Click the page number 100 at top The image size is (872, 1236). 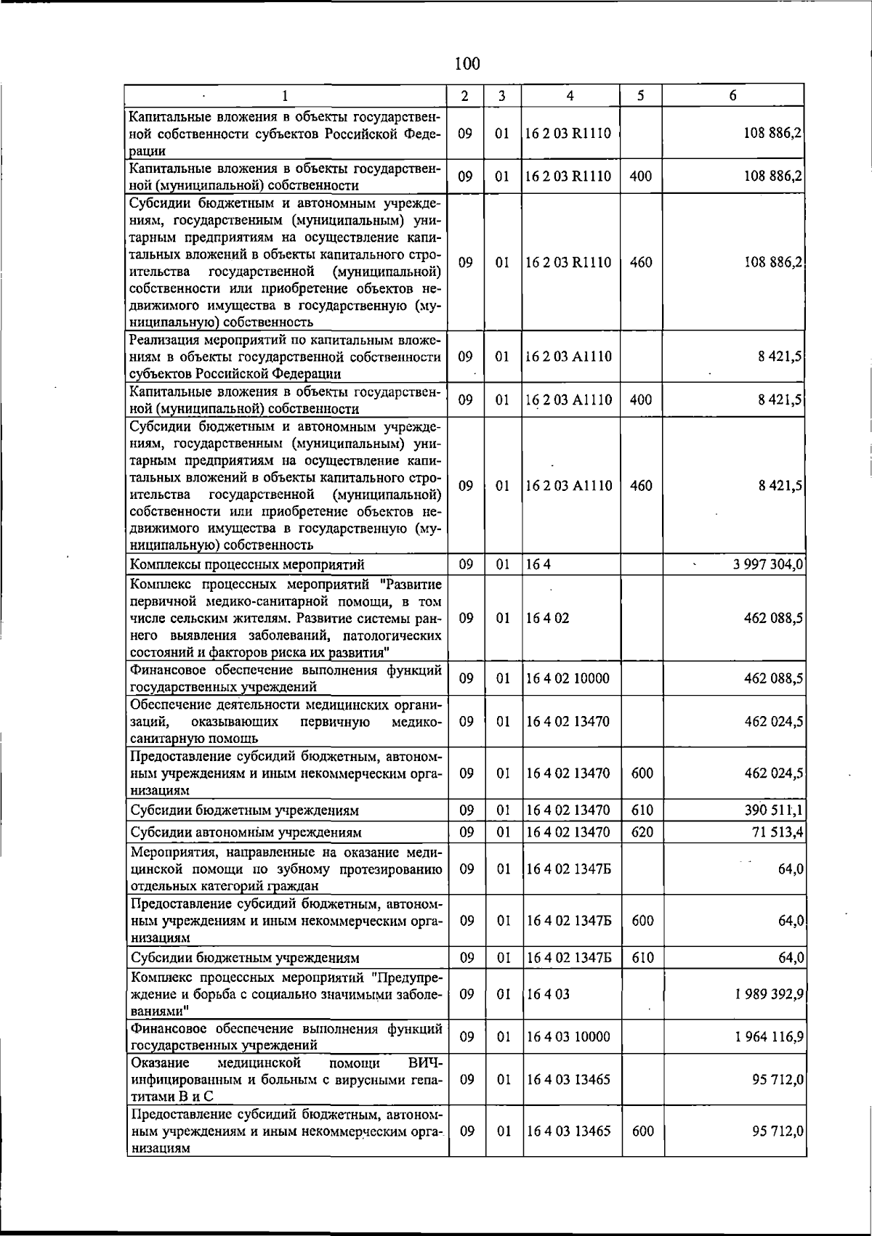pos(467,64)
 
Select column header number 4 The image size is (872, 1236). pos(570,96)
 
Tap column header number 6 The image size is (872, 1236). pos(733,96)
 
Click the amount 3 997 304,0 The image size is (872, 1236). pos(767,565)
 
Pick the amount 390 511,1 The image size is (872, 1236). pos(773,810)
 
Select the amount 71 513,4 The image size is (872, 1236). pos(776,832)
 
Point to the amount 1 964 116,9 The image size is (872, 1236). pos(769,1037)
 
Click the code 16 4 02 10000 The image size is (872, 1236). pos(568,679)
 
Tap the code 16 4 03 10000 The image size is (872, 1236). pos(568,1037)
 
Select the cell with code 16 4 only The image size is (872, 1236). pos(538,565)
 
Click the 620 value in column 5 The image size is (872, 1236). pos(642,832)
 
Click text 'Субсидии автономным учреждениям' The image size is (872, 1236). pos(246,832)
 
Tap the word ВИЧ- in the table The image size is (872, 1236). pos(426,1063)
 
